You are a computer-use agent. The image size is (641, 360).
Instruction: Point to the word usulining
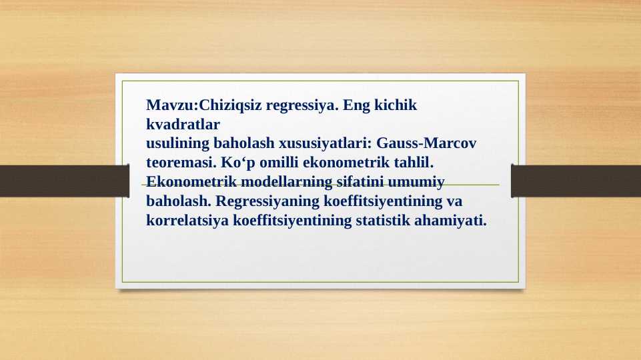coord(177,143)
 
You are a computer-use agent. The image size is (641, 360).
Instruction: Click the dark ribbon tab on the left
coord(64,181)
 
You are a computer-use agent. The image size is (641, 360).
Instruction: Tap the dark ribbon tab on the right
coord(576,181)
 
